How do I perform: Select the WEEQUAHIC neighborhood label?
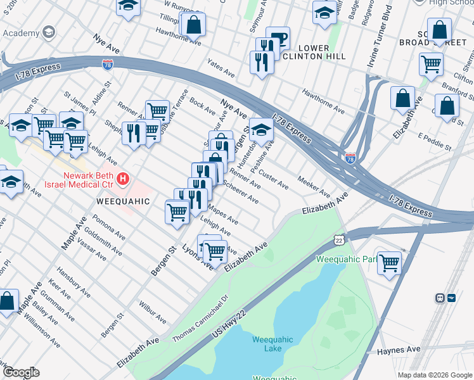[123, 201]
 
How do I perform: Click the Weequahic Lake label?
[272, 344]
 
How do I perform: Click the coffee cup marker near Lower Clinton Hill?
[278, 37]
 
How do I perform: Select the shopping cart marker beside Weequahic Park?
[389, 262]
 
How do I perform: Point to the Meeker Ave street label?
[313, 187]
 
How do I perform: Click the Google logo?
[21, 372]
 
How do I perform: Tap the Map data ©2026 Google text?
[434, 375]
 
